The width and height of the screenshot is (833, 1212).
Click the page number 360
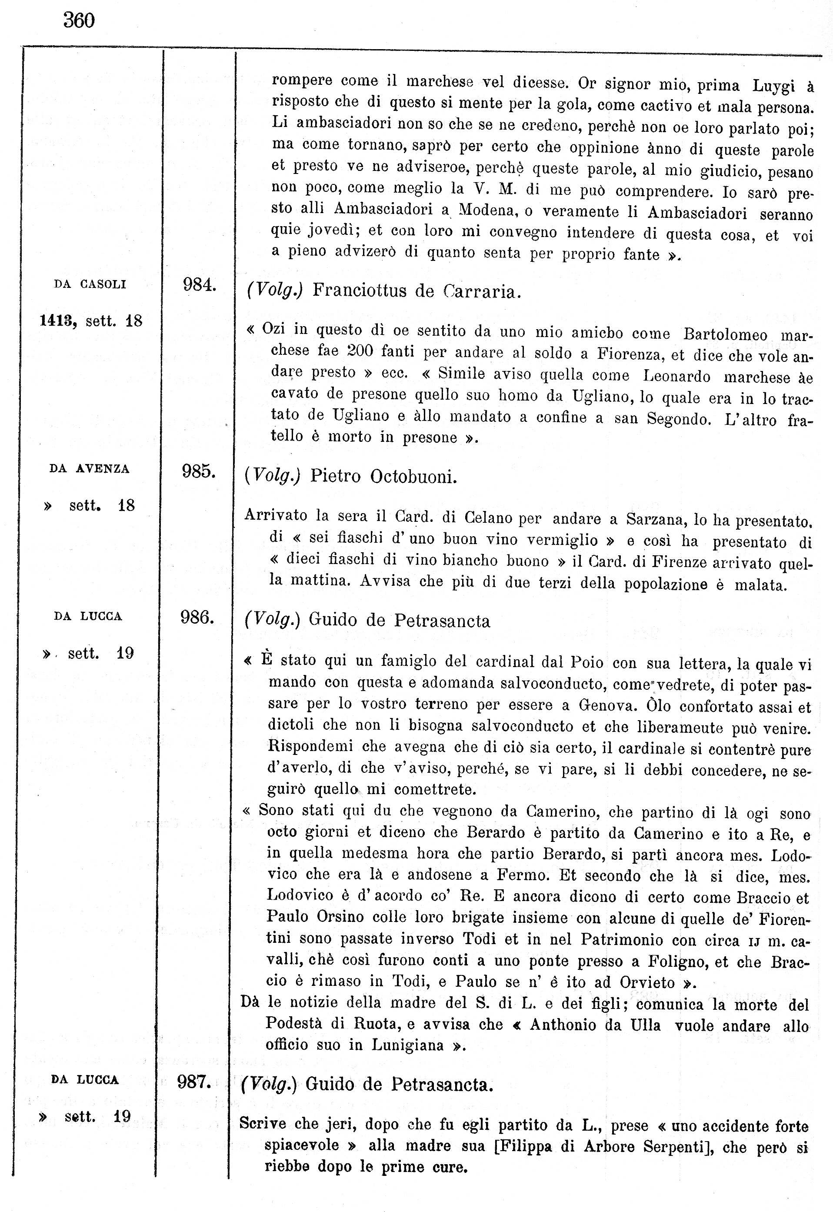pyautogui.click(x=79, y=20)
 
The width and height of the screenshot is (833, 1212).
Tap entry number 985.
pyautogui.click(x=198, y=471)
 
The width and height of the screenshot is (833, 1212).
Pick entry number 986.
pyautogui.click(x=197, y=618)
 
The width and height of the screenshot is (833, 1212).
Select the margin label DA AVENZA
pyautogui.click(x=89, y=469)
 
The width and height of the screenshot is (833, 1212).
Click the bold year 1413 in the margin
pyautogui.click(x=58, y=321)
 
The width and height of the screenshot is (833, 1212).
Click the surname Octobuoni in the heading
pyautogui.click(x=413, y=477)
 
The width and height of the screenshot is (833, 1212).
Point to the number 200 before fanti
pyautogui.click(x=360, y=351)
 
